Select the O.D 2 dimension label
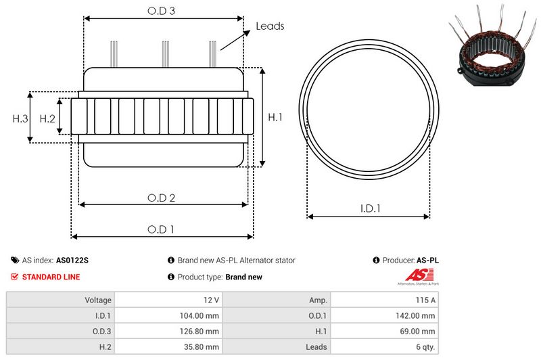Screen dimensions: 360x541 click(x=162, y=198)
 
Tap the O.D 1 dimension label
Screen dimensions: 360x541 click(x=161, y=229)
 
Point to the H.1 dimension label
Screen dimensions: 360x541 click(x=275, y=117)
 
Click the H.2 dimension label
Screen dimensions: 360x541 click(x=47, y=118)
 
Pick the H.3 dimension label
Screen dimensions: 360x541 click(x=20, y=118)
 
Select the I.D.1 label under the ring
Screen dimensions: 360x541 click(x=369, y=209)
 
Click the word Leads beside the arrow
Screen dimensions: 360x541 click(x=270, y=26)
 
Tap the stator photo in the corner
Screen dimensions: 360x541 click(x=492, y=45)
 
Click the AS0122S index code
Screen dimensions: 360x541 click(x=72, y=260)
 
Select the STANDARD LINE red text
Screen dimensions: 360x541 click(x=51, y=277)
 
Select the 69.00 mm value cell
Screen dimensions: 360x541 click(x=420, y=331)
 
